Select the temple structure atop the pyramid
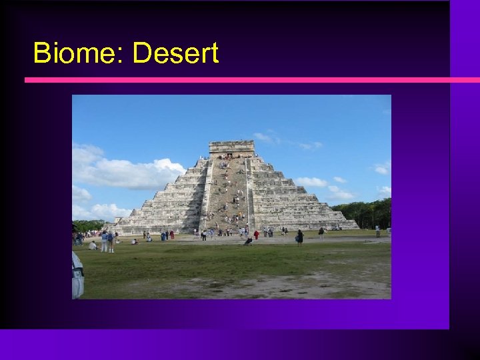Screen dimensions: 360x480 tap(231, 148)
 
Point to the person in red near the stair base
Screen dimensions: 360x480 tap(256, 235)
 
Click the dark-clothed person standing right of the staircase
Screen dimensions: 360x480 tap(299, 237)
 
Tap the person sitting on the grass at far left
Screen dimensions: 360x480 tap(93, 245)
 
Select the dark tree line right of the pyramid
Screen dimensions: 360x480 tap(365, 213)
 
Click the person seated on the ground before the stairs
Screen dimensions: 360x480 tap(248, 241)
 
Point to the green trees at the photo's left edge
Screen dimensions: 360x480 tap(87, 226)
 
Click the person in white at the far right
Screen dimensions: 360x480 tap(377, 231)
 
